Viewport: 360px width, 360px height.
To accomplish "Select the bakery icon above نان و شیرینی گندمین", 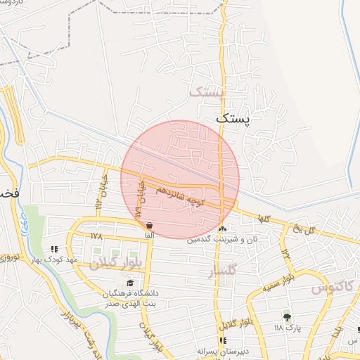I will (223, 229).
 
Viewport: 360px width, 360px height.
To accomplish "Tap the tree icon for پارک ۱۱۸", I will (286, 316).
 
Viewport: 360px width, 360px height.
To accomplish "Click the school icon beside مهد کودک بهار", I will (54, 249).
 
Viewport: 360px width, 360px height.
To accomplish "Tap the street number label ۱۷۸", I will (96, 236).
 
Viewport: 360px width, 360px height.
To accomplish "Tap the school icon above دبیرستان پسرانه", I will (223, 340).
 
